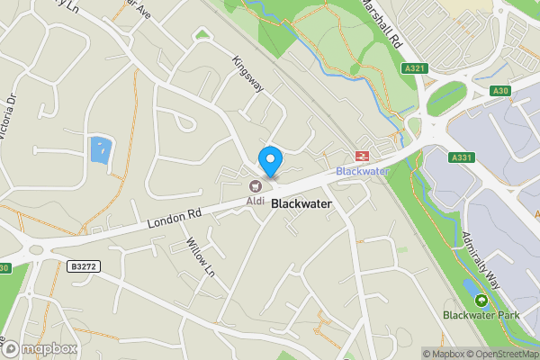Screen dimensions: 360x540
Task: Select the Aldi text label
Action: [x=256, y=199]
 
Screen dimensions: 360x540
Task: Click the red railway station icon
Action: [x=364, y=155]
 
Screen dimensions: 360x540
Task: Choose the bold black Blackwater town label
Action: [x=301, y=204]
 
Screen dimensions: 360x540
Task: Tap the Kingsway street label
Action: [x=247, y=75]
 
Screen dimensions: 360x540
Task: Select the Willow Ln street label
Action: [x=202, y=257]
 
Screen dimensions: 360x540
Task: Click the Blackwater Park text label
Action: [x=481, y=315]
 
